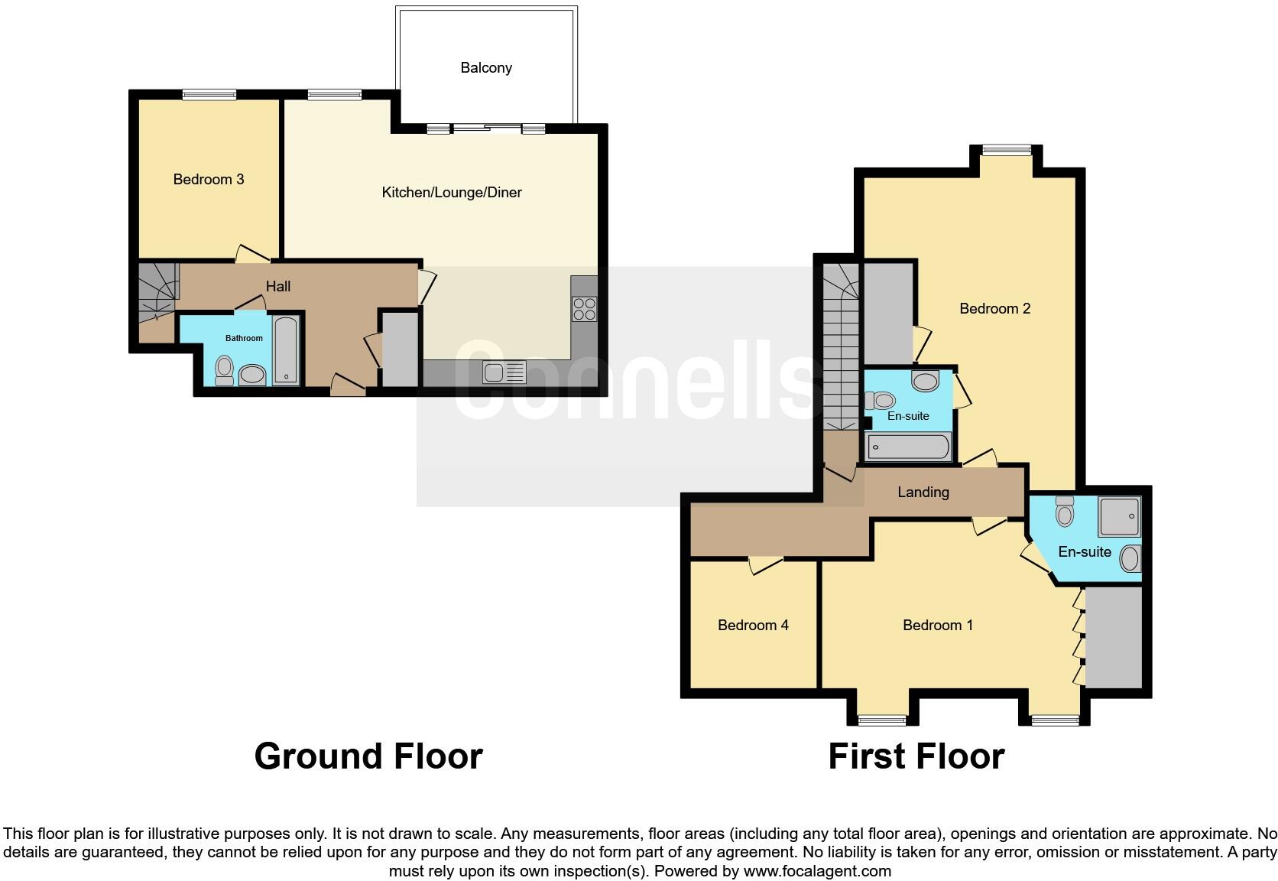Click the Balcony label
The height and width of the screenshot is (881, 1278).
coord(486,67)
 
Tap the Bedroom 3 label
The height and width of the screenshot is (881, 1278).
coord(209,179)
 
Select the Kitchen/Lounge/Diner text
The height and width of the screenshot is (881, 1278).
coord(452,192)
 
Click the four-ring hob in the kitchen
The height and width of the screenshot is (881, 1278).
coord(585,309)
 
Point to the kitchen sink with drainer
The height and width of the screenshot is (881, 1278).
coord(504,373)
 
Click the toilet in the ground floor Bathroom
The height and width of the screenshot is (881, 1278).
coord(224,369)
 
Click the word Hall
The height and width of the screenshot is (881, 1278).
coord(278,286)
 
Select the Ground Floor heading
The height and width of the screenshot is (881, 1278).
coord(368,756)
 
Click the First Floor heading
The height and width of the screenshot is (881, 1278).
coord(916,756)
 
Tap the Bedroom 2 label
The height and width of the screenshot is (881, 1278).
coord(994,308)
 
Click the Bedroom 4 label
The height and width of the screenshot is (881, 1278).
coord(753,625)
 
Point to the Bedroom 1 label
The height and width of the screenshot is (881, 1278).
coord(938,625)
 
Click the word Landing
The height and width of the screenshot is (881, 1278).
coord(923,492)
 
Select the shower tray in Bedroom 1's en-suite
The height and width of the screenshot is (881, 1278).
coord(1119,517)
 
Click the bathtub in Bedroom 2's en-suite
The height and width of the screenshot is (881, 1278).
coord(908,447)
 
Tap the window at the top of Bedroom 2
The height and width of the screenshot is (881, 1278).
coord(1006,151)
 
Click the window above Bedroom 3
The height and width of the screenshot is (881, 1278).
coord(209,95)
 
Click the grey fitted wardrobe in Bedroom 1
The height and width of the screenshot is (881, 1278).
coord(1114,636)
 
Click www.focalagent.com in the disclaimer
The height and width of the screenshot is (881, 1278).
coord(817,870)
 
